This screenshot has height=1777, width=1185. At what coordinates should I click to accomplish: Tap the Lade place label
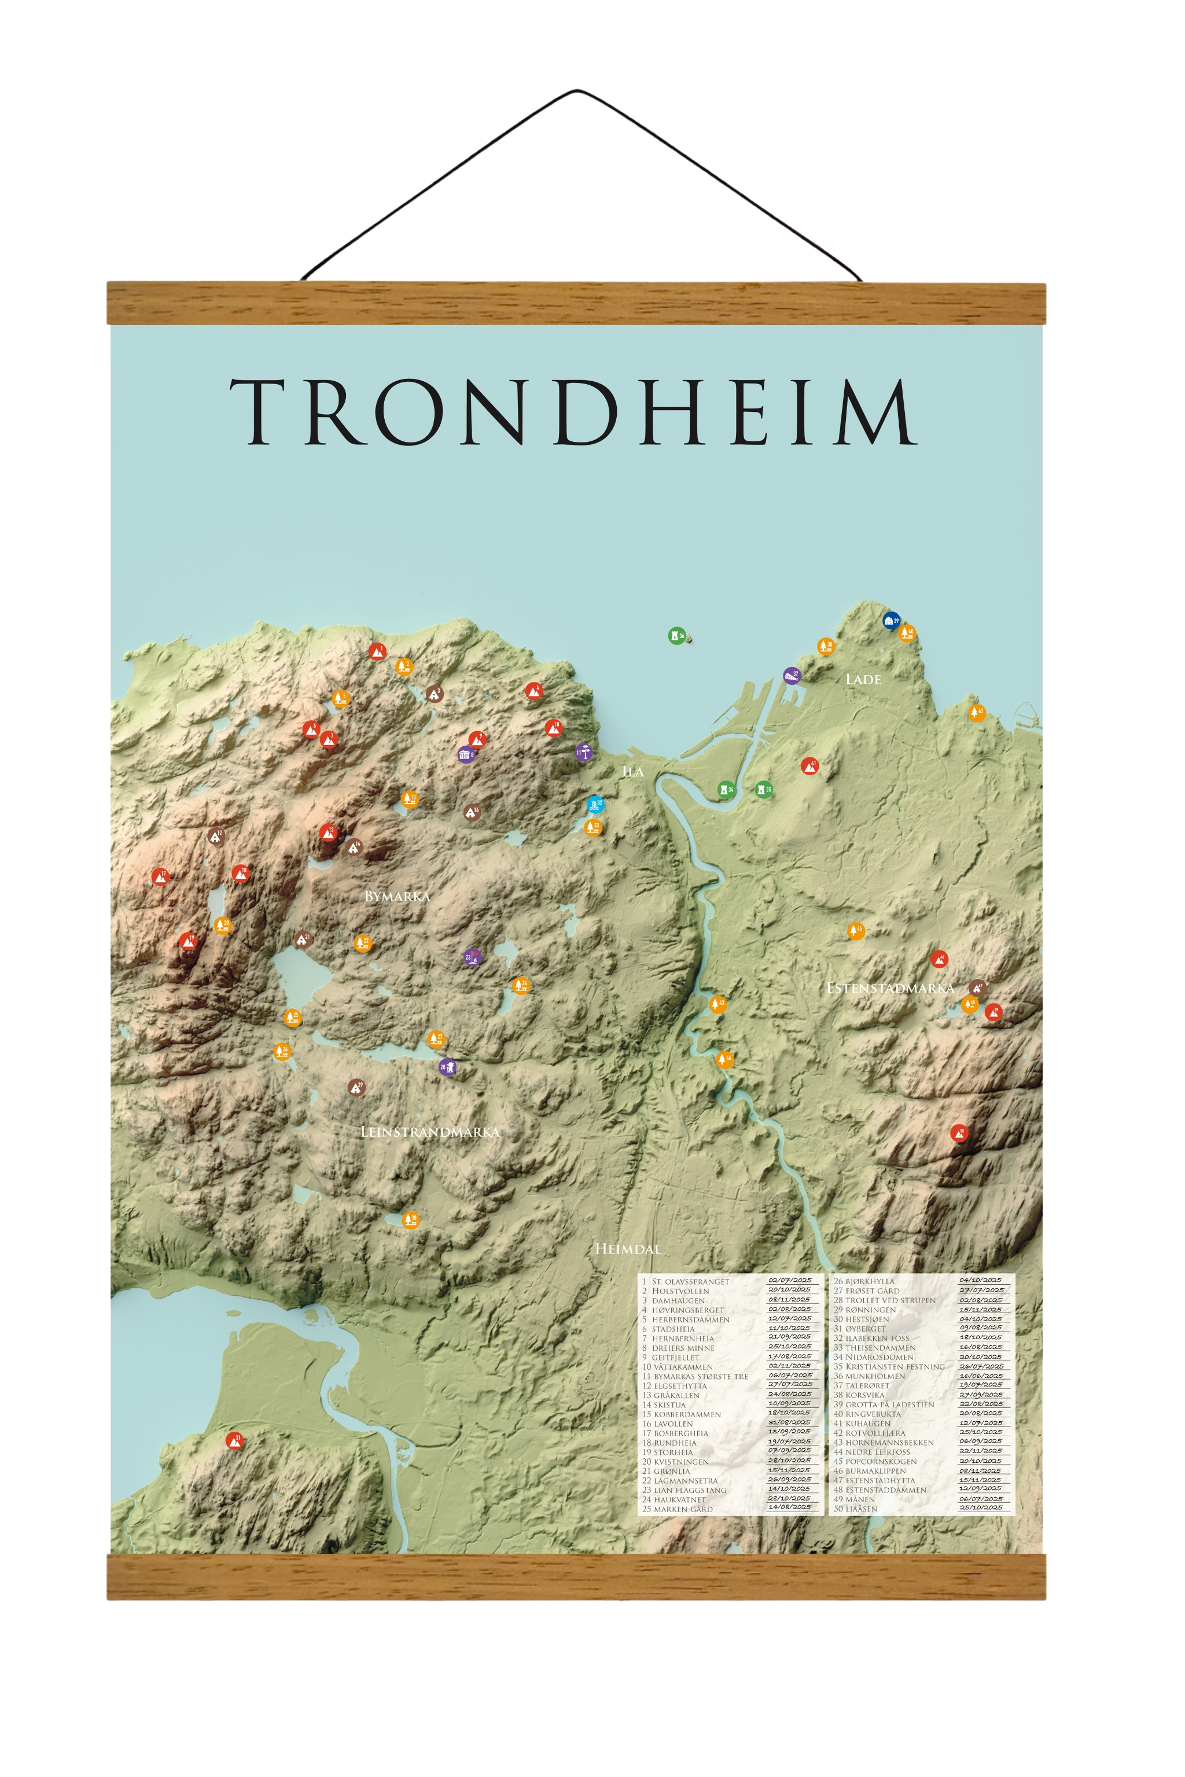point(863,679)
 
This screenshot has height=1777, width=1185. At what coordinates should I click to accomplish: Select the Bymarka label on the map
point(397,896)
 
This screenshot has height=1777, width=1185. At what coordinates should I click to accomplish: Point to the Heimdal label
point(627,1249)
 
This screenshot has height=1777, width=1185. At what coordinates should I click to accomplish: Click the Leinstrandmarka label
point(430,1132)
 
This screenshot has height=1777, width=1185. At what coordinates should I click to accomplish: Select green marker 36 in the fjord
point(676,635)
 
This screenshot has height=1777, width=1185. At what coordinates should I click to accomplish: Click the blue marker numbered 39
point(891,620)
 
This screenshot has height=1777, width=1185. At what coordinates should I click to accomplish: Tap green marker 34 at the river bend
point(726,790)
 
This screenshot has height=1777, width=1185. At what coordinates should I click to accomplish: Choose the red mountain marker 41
point(809,766)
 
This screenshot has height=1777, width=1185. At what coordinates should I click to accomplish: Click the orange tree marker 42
point(977,713)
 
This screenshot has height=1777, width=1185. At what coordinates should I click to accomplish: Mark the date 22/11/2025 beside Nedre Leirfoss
point(981,1451)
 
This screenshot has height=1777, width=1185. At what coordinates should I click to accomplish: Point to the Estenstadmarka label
point(889,988)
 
